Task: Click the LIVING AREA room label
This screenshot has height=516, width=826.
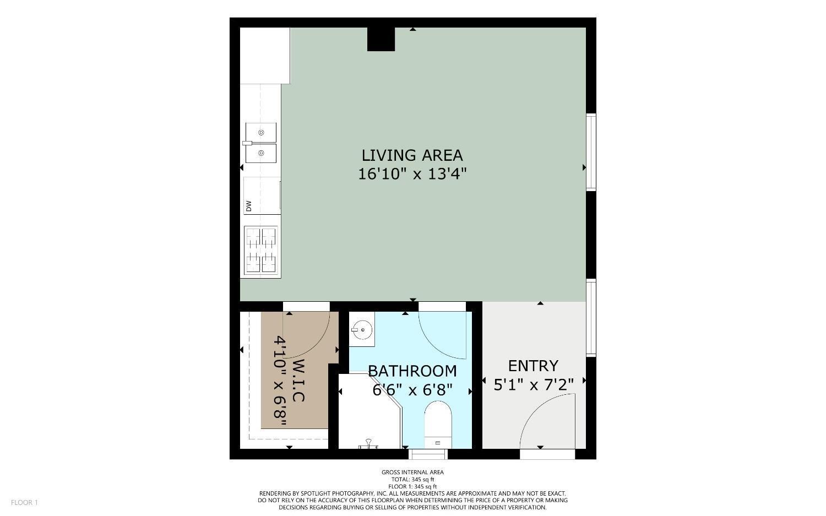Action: coord(412,155)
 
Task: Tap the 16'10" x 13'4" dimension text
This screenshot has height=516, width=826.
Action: coord(412,174)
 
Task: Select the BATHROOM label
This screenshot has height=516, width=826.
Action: coord(412,371)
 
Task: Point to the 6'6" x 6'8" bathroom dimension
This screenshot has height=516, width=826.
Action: coord(412,390)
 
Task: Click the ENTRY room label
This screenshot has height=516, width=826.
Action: coord(532,366)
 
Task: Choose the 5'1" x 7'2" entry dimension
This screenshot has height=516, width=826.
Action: coord(533,384)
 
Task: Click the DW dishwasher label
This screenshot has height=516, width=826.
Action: coord(249,206)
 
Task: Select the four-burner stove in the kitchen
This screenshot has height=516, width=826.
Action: coord(261,251)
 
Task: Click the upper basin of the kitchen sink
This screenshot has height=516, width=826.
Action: coord(261,133)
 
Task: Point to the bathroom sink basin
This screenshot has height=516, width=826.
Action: coord(363,330)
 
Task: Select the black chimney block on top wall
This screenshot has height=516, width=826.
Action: coord(381,39)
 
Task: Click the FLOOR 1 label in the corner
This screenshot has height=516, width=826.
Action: coord(24,502)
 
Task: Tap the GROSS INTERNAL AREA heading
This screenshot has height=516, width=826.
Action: coord(412,472)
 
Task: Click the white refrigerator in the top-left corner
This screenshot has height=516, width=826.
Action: coord(265,56)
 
